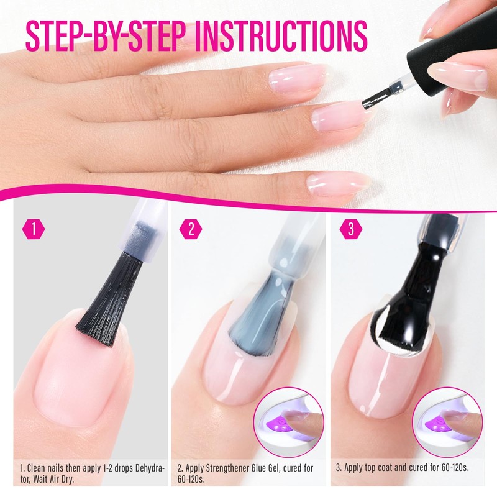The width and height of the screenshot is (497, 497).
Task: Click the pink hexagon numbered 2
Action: [x=191, y=229]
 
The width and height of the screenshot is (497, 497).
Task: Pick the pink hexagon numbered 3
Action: [x=351, y=229]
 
